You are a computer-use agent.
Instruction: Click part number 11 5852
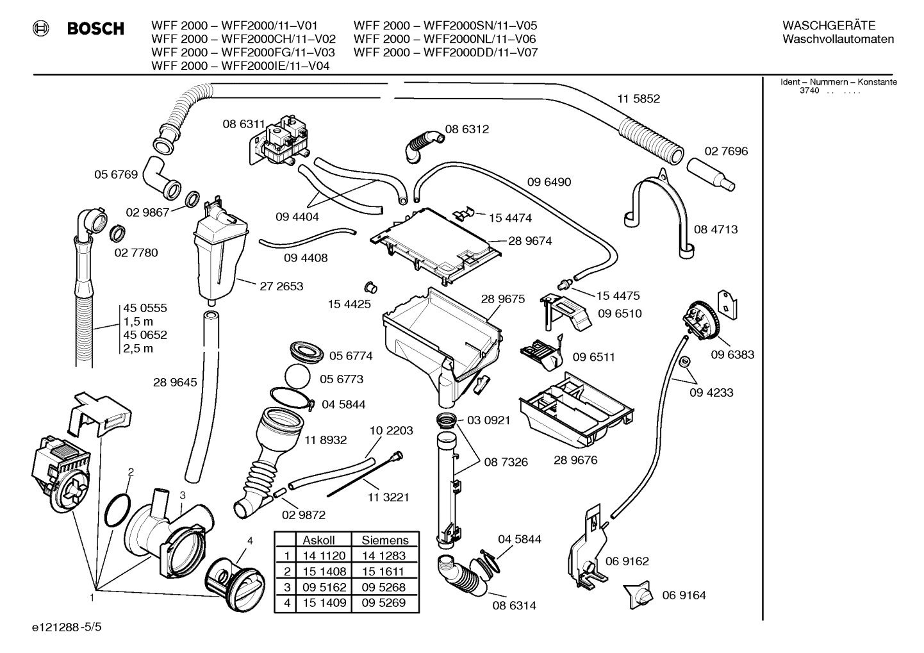pyautogui.click(x=638, y=99)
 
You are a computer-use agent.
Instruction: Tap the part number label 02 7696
pyautogui.click(x=726, y=151)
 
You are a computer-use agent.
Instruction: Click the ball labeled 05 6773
pyautogui.click(x=298, y=378)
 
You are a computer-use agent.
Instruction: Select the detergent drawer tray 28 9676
pyautogui.click(x=573, y=410)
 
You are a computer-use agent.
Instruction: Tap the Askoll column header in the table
pyautogui.click(x=318, y=540)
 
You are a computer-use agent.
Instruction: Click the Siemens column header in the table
pyautogui.click(x=384, y=540)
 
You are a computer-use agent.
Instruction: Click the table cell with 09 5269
pyautogui.click(x=383, y=602)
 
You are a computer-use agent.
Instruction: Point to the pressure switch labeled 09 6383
pyautogui.click(x=702, y=320)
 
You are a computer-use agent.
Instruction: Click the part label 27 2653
pyautogui.click(x=281, y=286)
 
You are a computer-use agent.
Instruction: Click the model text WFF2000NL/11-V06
pyautogui.click(x=480, y=39)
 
